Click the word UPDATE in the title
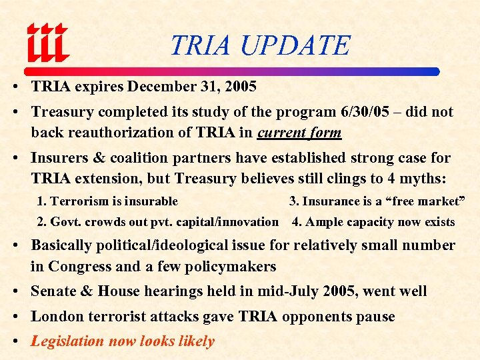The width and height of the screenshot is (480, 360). (x=294, y=45)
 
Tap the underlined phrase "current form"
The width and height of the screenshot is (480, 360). (x=299, y=133)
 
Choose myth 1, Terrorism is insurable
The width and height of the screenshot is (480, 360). (x=107, y=201)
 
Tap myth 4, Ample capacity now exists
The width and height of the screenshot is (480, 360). (x=373, y=222)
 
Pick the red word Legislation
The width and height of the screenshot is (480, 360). (x=67, y=341)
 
